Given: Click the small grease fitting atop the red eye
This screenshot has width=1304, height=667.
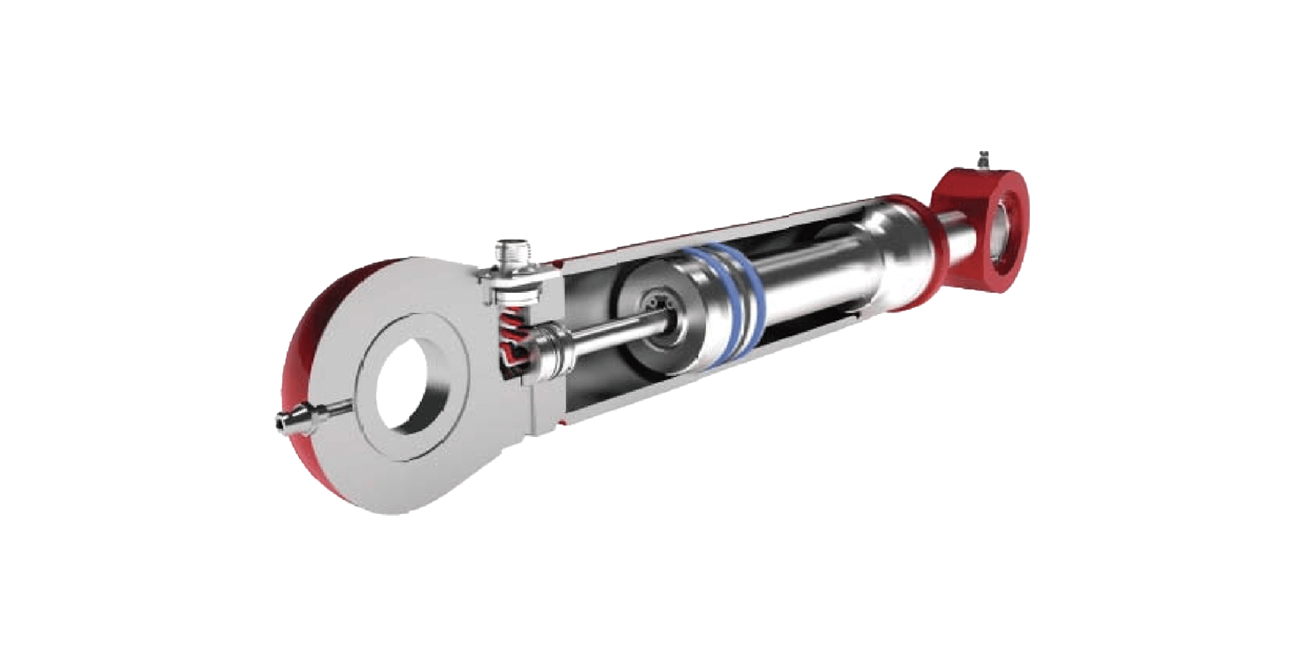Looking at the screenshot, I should tap(983, 162).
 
